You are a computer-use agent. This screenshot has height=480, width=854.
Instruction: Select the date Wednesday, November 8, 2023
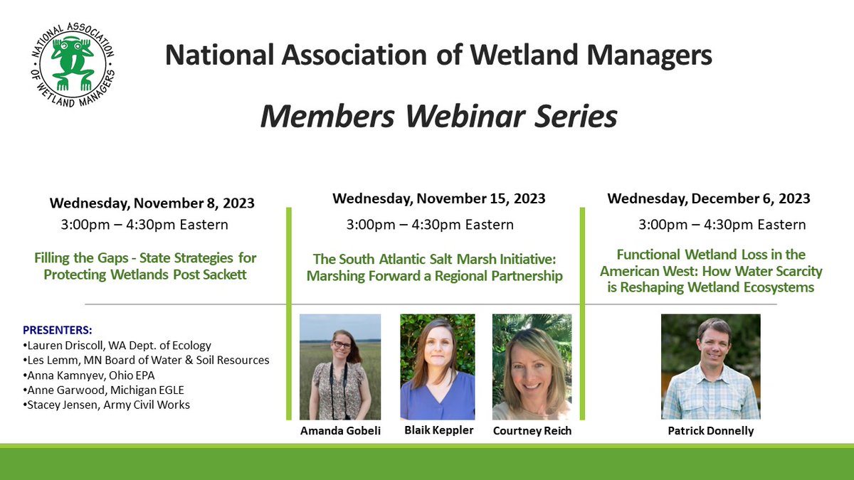pyautogui.click(x=152, y=204)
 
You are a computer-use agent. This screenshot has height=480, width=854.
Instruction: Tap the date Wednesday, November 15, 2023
pyautogui.click(x=438, y=198)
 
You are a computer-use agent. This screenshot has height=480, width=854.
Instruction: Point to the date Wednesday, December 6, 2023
pyautogui.click(x=708, y=198)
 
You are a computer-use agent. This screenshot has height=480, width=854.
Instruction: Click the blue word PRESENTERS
pyautogui.click(x=58, y=331)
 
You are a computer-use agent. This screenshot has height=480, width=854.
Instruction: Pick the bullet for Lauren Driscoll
pyautogui.click(x=117, y=346)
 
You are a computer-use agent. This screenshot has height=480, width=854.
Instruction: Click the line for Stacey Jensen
pyautogui.click(x=107, y=405)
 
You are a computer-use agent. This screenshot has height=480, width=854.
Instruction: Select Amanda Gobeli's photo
pyautogui.click(x=339, y=367)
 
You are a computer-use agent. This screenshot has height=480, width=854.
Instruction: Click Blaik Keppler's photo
pyautogui.click(x=437, y=367)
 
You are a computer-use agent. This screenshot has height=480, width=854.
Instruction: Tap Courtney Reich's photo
pyautogui.click(x=532, y=367)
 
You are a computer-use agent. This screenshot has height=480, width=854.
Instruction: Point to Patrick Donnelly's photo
pyautogui.click(x=710, y=367)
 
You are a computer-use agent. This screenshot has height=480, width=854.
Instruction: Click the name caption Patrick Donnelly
pyautogui.click(x=710, y=431)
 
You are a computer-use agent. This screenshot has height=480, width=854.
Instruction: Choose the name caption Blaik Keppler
pyautogui.click(x=438, y=430)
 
